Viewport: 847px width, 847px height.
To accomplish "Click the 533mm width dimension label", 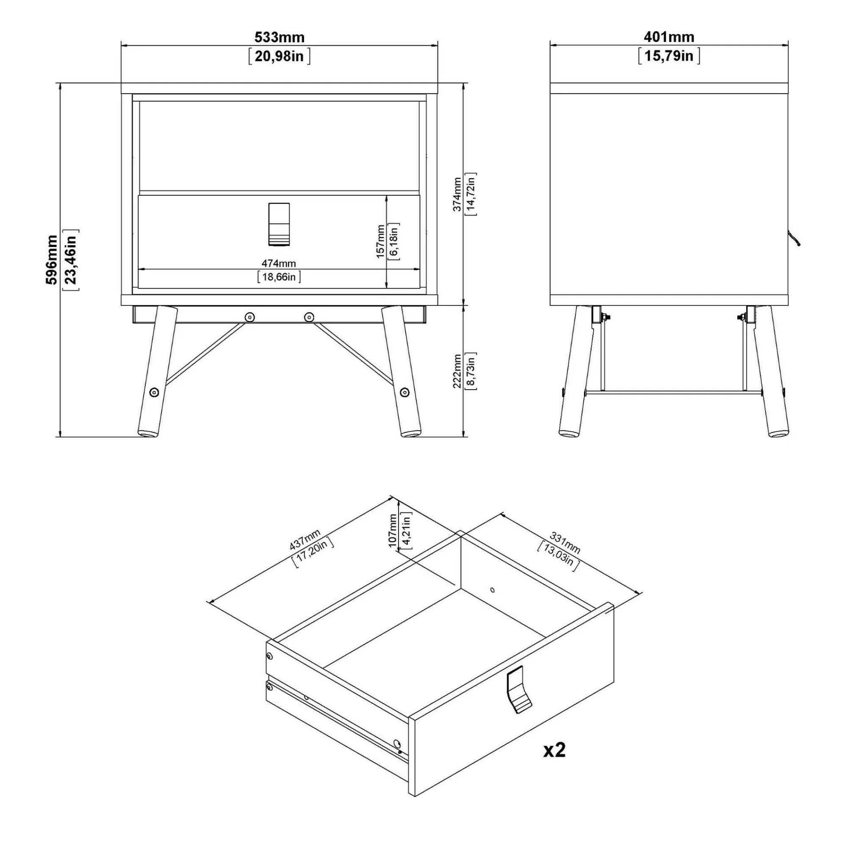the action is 279,37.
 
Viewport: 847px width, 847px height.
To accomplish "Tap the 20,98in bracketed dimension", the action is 279,57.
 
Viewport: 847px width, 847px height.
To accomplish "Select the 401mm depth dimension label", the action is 669,37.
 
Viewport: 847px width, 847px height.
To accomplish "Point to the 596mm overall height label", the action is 52,260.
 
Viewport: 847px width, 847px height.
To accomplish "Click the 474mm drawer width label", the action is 279,263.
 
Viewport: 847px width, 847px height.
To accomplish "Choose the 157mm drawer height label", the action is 380,241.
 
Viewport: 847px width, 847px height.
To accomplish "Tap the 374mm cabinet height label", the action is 457,194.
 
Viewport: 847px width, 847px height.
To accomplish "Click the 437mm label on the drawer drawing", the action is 305,540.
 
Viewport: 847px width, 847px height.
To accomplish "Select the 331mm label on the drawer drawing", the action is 565,543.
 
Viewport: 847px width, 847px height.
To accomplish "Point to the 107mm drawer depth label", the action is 393,531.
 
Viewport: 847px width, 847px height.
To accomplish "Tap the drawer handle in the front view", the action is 279,224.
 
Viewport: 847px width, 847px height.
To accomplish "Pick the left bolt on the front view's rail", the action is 249,316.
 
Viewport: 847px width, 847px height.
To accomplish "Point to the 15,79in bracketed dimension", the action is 669,57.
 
